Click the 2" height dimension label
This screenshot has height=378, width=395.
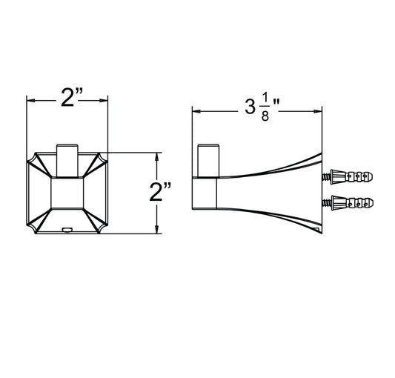pos(160,192)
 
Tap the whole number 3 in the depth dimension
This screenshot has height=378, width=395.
pos(250,106)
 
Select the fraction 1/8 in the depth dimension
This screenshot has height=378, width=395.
pos(265,110)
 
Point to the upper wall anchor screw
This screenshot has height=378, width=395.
pos(348,176)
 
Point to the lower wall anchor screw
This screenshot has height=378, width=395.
pos(348,202)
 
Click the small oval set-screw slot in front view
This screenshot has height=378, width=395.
pos(67,229)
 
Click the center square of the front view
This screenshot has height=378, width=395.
pos(67,193)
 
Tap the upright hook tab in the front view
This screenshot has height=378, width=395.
pos(67,161)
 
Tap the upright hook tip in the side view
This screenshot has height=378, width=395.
pos(208,161)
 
